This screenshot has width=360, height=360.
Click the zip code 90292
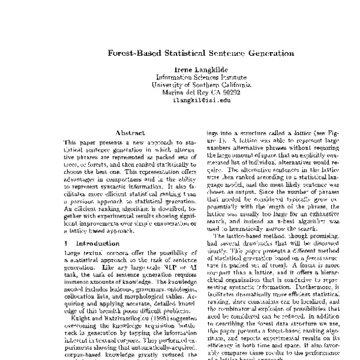coord(229,93)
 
